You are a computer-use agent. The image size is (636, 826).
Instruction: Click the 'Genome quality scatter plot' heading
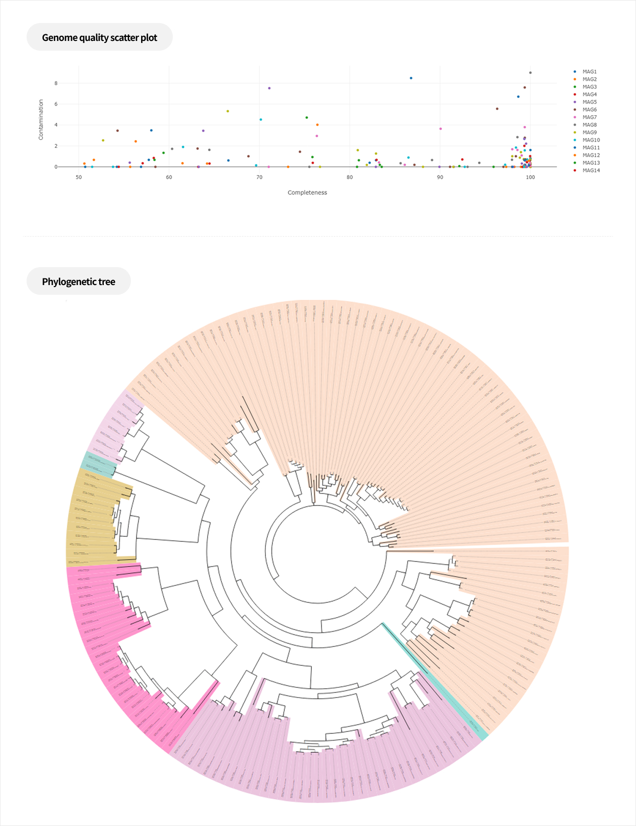coord(99,37)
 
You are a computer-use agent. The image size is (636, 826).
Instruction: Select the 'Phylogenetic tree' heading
coord(78,281)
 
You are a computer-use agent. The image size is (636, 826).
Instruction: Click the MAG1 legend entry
coord(589,72)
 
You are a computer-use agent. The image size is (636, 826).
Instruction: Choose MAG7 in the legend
coord(589,118)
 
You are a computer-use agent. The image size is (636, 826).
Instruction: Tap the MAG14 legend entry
coord(590,170)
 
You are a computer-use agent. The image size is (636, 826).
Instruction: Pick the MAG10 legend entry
coord(590,140)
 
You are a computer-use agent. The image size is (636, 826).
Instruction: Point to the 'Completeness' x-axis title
coord(307,193)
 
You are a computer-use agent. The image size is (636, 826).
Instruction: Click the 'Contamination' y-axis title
coord(41,120)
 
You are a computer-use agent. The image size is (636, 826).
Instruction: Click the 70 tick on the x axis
coord(259,178)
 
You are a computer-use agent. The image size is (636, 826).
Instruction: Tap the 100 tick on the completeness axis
coord(530,178)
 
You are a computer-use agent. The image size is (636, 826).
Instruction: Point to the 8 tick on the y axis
coord(56,83)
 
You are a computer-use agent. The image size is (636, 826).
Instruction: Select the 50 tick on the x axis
coord(79,178)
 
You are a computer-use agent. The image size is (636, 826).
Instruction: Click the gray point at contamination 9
coord(530,73)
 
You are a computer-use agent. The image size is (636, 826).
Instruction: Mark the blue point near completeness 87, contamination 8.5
coord(411,78)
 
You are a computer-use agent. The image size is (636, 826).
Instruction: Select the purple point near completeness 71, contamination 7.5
coord(269,89)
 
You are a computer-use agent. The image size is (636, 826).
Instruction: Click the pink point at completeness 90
coord(440,129)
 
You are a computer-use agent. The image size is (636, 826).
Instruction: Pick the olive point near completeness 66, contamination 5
coord(228,112)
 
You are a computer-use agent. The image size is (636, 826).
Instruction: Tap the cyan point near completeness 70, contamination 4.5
coord(261,120)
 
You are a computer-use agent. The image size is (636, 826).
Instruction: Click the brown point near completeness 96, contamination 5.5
coord(497,109)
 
